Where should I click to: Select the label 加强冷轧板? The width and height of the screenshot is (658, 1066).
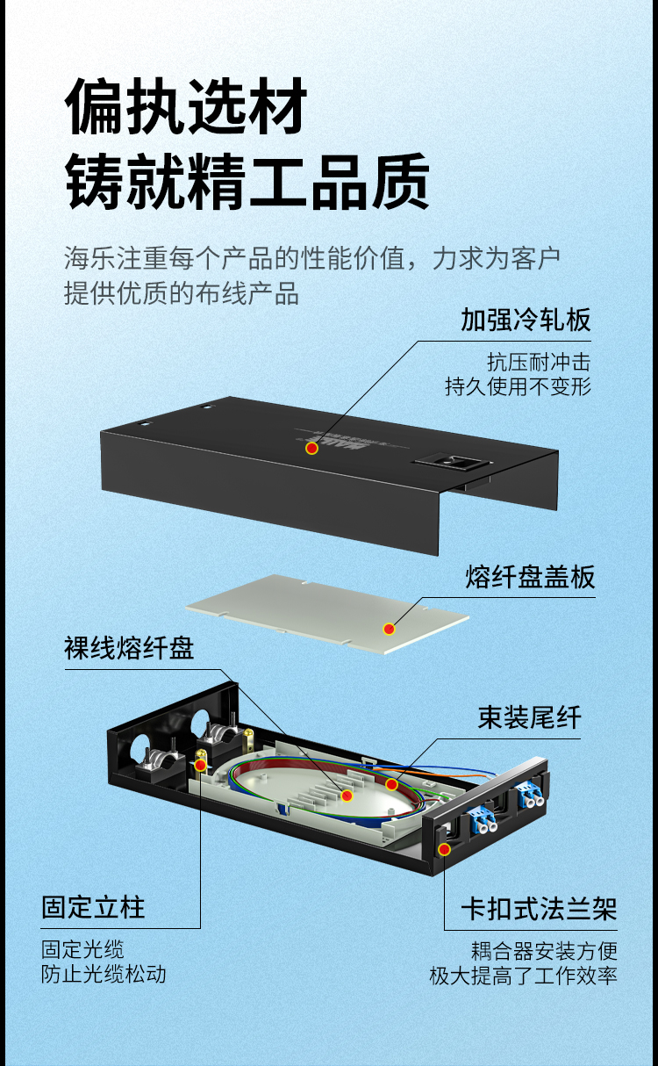[526, 320]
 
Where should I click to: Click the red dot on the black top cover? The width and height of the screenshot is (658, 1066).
[311, 448]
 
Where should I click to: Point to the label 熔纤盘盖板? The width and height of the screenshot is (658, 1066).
[530, 577]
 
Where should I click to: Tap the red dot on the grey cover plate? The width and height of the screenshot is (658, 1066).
[389, 629]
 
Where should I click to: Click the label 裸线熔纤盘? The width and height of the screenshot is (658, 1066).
[129, 648]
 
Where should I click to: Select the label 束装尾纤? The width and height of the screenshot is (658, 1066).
[529, 717]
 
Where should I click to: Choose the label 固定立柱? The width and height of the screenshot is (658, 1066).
[93, 907]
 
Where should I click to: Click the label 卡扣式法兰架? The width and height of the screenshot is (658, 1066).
[540, 909]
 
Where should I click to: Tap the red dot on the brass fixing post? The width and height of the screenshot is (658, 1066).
[201, 765]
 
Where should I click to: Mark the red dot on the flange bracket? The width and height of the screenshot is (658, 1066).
[445, 849]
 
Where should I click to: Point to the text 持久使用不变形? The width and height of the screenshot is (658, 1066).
[519, 386]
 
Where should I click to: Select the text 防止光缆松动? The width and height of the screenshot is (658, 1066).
[104, 974]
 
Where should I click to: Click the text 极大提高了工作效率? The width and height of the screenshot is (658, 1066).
[524, 976]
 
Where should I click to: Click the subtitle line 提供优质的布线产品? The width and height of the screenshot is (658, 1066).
[182, 292]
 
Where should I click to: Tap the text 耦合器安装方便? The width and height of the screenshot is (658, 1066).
[544, 951]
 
